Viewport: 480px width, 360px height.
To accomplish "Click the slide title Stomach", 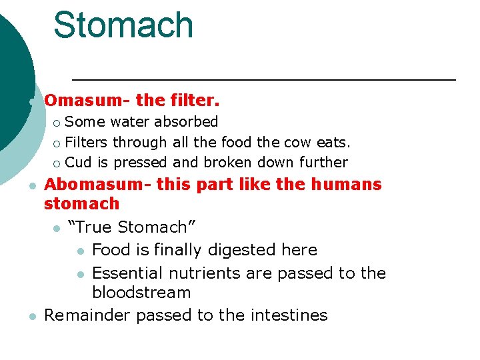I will (x=123, y=25).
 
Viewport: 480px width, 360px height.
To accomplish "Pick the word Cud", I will (x=79, y=163).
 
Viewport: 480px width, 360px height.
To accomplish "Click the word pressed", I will (x=141, y=163).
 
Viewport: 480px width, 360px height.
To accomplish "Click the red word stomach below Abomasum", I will (x=81, y=203).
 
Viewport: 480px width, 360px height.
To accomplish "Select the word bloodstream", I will (x=141, y=293).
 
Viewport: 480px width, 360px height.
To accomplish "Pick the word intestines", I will (x=289, y=315).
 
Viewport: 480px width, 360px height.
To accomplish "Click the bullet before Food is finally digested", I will (x=80, y=251).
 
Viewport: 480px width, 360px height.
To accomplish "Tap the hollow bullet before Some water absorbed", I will (x=57, y=123).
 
